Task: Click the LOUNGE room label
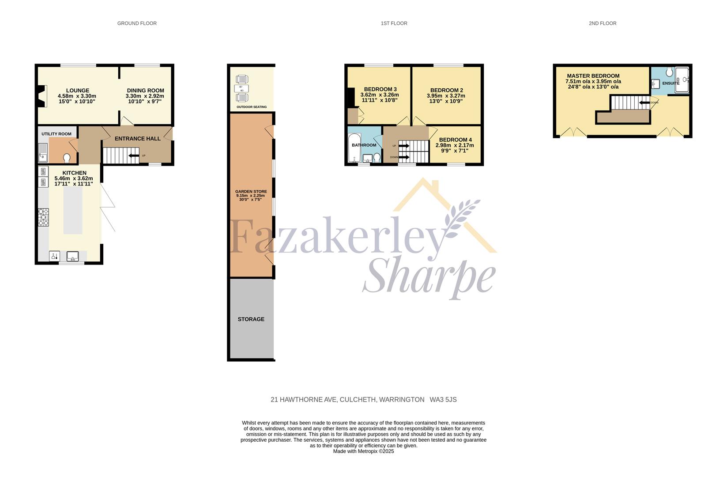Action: click(77, 91)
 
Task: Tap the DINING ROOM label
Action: click(145, 91)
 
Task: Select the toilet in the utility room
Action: click(67, 158)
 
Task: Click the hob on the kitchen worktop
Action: click(43, 217)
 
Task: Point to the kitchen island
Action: click(73, 211)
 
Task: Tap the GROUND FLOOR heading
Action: click(137, 23)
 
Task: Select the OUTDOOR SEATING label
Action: click(251, 107)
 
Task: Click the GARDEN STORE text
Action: click(251, 192)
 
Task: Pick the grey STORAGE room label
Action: click(251, 319)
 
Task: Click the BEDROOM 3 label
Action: click(380, 89)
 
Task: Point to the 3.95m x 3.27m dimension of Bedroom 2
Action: click(446, 96)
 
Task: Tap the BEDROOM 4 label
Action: click(456, 140)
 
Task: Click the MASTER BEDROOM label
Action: click(593, 76)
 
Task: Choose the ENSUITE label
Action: click(670, 83)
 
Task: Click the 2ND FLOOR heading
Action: click(602, 23)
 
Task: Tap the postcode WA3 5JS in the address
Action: click(443, 400)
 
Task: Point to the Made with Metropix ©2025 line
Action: click(363, 451)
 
